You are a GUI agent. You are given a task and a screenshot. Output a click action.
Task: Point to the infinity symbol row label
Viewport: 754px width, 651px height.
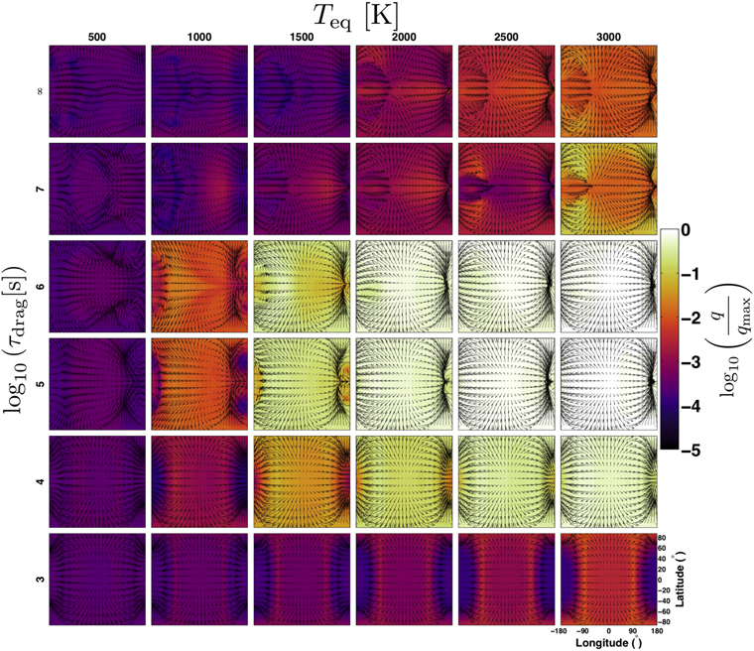[x=39, y=91]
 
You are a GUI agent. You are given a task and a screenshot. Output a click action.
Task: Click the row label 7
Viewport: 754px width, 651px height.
[x=39, y=189]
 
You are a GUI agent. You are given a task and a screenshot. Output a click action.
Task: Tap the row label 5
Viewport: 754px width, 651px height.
[x=39, y=383]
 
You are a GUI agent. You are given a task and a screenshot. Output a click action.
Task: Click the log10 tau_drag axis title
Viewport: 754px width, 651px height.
[x=16, y=334]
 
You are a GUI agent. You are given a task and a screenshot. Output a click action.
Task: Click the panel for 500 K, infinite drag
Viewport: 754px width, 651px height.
[x=97, y=91]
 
